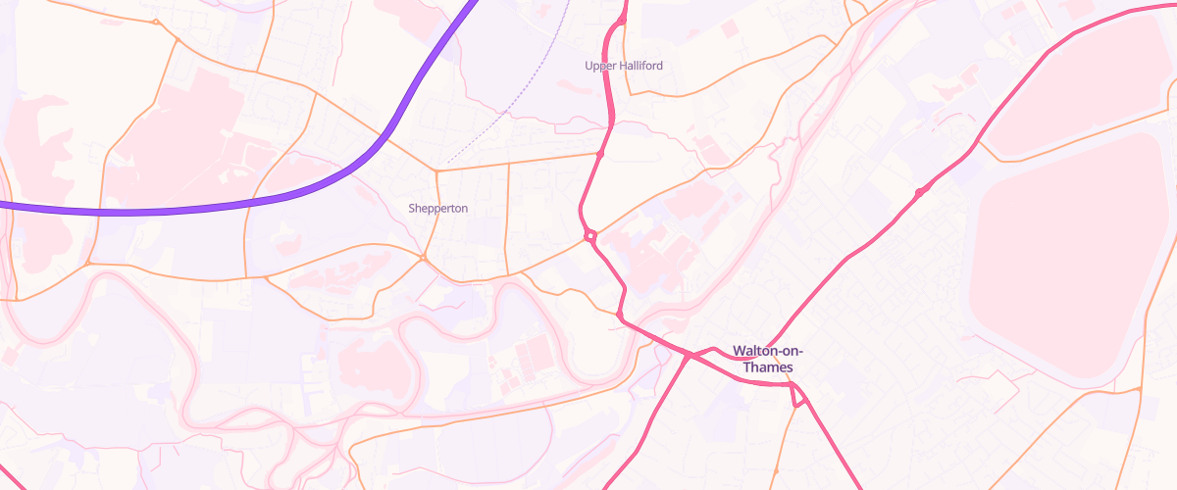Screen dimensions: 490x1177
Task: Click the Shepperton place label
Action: pos(437,209)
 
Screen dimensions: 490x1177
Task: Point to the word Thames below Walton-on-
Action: pos(767,367)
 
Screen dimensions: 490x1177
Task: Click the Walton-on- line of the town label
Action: pos(767,351)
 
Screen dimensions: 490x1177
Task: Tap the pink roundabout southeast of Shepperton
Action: pos(590,235)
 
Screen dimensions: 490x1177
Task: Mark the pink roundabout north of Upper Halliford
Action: pos(622,20)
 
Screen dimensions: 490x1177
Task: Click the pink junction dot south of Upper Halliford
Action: pos(599,154)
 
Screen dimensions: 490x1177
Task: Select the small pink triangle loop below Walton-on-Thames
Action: pos(797,396)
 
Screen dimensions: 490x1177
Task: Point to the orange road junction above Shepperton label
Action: pos(435,171)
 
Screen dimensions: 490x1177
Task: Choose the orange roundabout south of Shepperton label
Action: pos(423,258)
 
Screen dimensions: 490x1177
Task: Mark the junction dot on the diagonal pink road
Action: pos(919,191)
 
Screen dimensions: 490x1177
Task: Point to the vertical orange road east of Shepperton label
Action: pos(507,216)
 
